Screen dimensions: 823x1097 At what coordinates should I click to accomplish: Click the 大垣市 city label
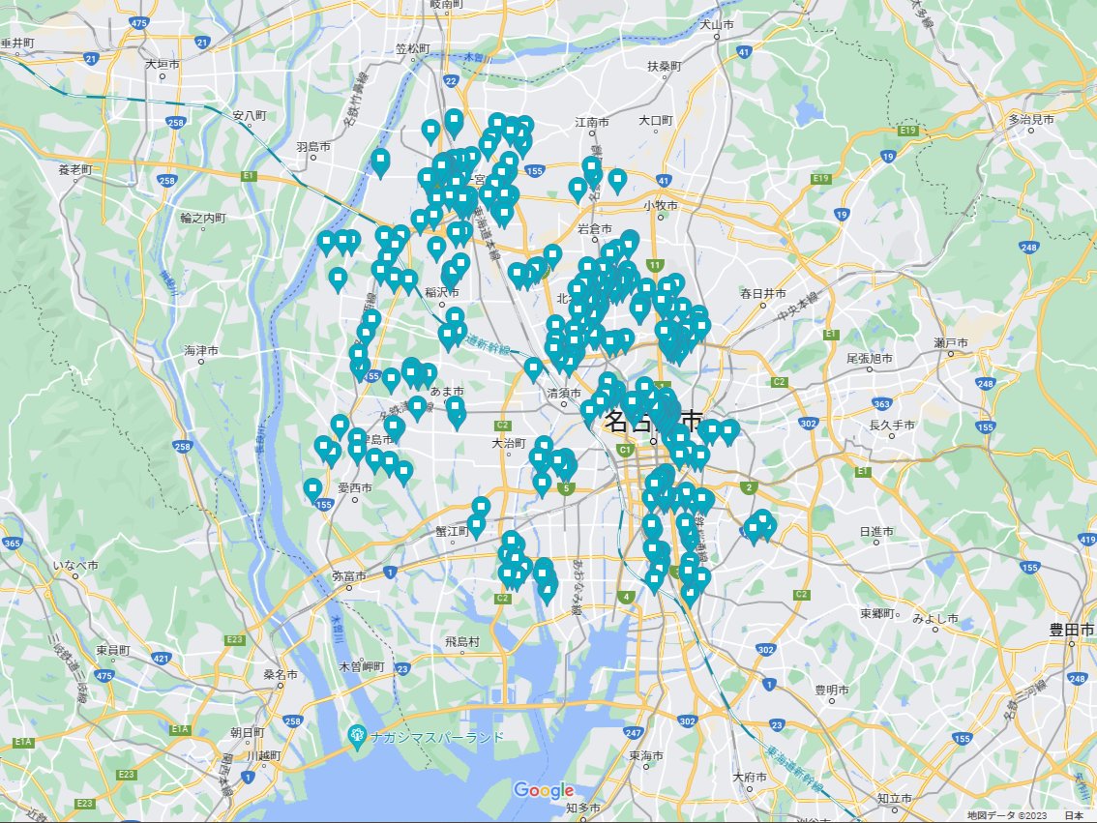163,64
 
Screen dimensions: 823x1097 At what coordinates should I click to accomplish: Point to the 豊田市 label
1071,630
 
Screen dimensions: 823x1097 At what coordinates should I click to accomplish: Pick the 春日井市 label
763,292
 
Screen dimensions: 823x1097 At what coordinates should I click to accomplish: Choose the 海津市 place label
201,350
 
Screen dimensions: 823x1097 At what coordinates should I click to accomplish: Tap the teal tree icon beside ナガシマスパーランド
357,737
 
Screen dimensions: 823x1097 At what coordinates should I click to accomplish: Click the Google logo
544,790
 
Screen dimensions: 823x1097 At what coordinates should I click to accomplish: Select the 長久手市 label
891,425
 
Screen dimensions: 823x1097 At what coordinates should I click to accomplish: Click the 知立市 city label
894,798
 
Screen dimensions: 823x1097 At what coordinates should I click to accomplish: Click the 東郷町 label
879,614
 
